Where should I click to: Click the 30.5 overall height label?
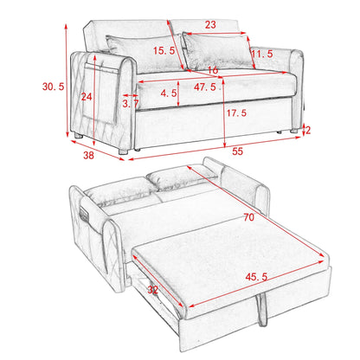click(x=53, y=87)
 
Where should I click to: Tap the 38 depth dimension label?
click(x=88, y=155)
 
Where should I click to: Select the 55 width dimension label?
click(x=237, y=151)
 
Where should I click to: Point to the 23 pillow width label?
click(x=210, y=24)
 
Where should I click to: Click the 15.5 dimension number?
click(x=164, y=51)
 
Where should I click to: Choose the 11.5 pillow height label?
click(x=262, y=54)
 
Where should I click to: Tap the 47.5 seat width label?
click(x=205, y=87)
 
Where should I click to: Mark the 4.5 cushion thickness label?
click(x=169, y=93)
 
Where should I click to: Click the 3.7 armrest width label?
click(x=131, y=104)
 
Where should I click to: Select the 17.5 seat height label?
click(x=236, y=112)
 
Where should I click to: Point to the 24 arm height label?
click(x=87, y=97)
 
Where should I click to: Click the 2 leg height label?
click(x=308, y=131)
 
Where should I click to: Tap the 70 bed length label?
click(x=248, y=217)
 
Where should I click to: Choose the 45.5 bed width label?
click(x=256, y=277)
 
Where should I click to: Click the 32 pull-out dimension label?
click(x=153, y=290)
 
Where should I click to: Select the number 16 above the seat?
click(x=213, y=70)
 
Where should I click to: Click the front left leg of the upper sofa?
click(x=123, y=151)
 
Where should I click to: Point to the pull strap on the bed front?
click(x=261, y=309)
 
